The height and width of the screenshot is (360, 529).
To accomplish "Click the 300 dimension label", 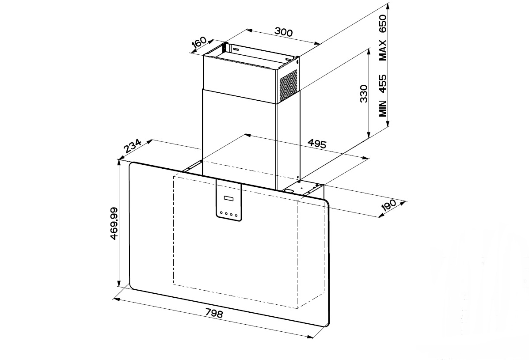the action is pyautogui.click(x=283, y=32).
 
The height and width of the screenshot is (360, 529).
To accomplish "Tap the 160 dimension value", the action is pyautogui.click(x=199, y=42).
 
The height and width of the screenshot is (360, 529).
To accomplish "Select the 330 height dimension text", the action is pyautogui.click(x=364, y=94).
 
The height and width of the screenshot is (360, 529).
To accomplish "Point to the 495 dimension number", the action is pyautogui.click(x=317, y=144).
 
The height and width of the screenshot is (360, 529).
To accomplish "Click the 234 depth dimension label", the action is pyautogui.click(x=132, y=146).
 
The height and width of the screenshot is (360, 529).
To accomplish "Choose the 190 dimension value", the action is pyautogui.click(x=388, y=205).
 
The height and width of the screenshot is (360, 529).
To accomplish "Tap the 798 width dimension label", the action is pyautogui.click(x=214, y=314).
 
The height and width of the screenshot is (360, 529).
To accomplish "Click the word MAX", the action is pyautogui.click(x=383, y=50).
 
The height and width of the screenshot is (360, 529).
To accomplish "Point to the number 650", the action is pyautogui.click(x=383, y=23).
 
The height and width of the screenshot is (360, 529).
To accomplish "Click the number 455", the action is pyautogui.click(x=383, y=83).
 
